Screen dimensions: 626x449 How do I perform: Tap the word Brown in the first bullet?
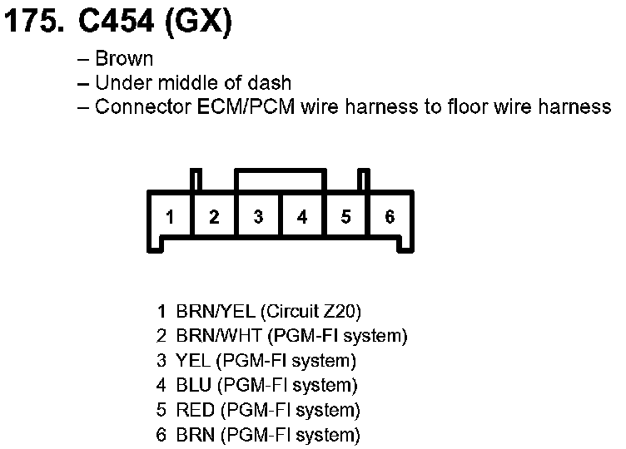(124, 59)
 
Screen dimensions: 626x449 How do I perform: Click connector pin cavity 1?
(170, 218)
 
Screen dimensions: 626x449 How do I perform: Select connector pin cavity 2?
(214, 218)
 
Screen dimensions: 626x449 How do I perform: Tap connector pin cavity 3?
(259, 218)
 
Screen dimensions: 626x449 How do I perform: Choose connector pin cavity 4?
(302, 218)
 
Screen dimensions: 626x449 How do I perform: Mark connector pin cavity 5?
(346, 218)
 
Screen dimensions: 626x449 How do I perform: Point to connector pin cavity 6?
(390, 218)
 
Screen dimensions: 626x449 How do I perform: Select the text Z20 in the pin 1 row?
(343, 313)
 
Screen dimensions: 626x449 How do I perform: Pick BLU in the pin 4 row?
(192, 386)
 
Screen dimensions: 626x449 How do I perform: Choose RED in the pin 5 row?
(193, 410)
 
